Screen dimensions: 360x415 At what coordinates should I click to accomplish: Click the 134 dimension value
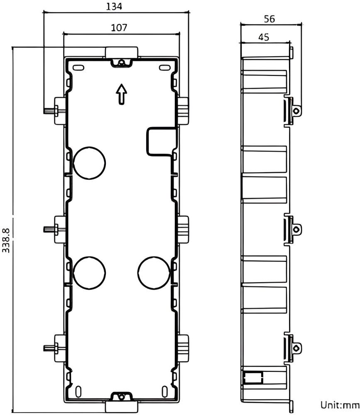pos(114,6)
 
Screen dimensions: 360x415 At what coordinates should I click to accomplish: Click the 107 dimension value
pos(119,27)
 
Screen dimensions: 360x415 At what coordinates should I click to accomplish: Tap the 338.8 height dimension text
pos(6,240)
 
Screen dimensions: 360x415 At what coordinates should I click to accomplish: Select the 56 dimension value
pos(269,19)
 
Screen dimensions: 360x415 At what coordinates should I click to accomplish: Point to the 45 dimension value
pos(264,37)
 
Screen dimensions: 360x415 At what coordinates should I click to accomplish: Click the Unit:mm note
pos(340,405)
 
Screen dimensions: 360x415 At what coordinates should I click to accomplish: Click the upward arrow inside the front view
pos(121,94)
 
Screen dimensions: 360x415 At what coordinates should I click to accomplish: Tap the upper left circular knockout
pos(89,163)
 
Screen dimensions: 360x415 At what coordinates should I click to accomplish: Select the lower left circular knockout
pos(89,273)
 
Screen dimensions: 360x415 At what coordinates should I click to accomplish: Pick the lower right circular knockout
pos(154,273)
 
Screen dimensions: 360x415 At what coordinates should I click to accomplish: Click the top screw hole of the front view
pos(121,63)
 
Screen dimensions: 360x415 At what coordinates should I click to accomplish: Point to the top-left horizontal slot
pos(78,68)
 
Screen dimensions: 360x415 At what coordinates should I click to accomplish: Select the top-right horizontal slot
pos(164,68)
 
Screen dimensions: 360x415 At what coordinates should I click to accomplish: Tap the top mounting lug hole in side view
pos(296,111)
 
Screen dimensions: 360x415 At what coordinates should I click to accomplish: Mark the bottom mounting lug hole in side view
pos(296,348)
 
